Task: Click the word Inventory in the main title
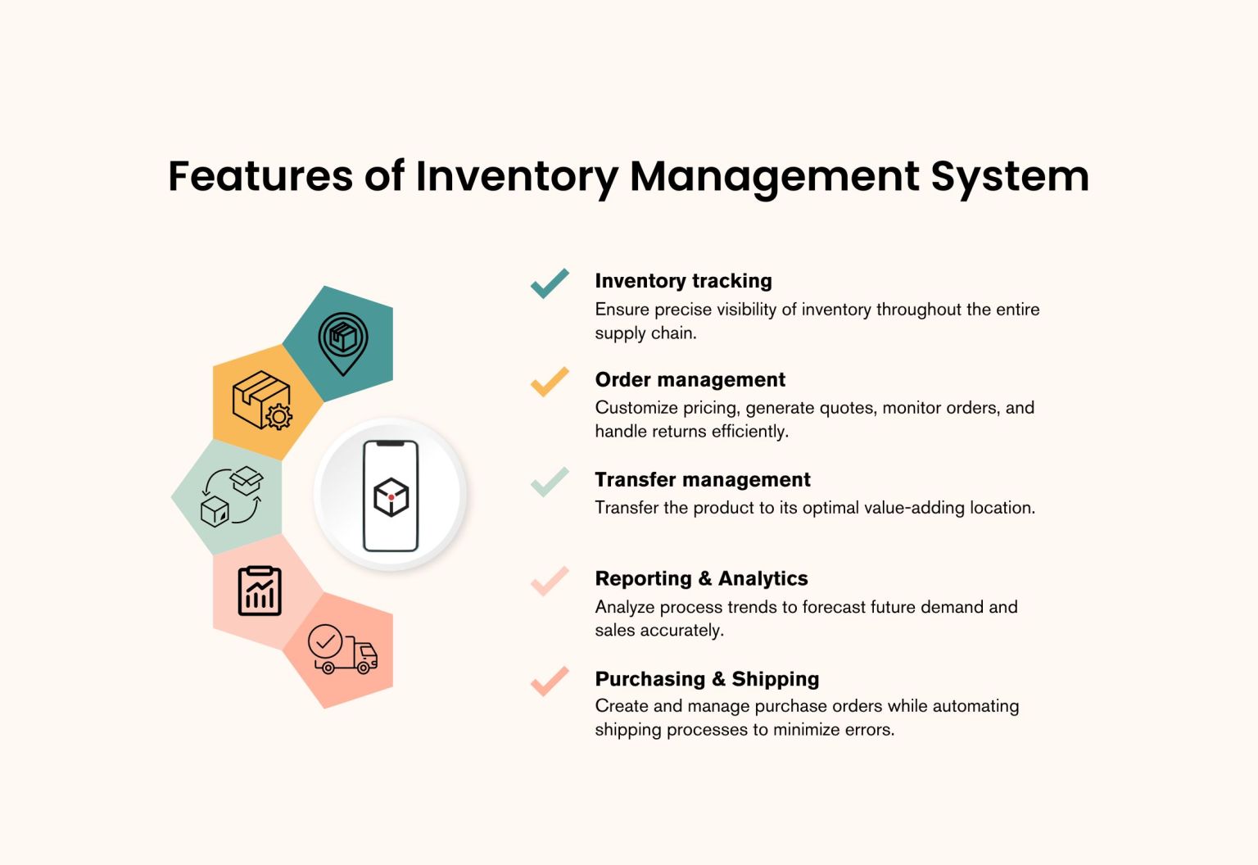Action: click(x=516, y=176)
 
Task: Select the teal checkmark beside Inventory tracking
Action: click(x=550, y=283)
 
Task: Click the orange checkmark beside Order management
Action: click(x=550, y=382)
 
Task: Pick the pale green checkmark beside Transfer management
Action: click(x=550, y=482)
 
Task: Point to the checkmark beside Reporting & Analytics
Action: click(x=550, y=581)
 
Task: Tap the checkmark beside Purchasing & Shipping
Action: click(x=550, y=681)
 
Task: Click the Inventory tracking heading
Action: click(x=683, y=281)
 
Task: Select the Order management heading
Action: click(x=690, y=380)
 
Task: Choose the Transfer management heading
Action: click(x=702, y=480)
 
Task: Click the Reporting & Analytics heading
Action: click(x=701, y=579)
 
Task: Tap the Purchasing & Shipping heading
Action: click(x=707, y=679)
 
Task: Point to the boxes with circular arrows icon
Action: click(x=232, y=496)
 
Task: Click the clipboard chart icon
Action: click(x=260, y=591)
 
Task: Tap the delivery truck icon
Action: click(x=342, y=650)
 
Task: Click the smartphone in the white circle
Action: click(x=391, y=496)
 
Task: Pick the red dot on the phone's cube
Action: click(x=391, y=497)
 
